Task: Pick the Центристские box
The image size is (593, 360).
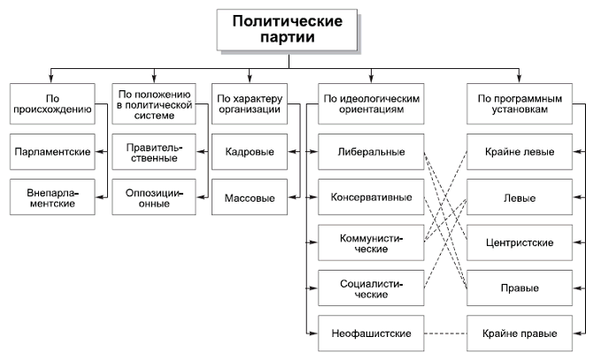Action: pos(520,241)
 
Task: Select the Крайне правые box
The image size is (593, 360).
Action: pos(520,333)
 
